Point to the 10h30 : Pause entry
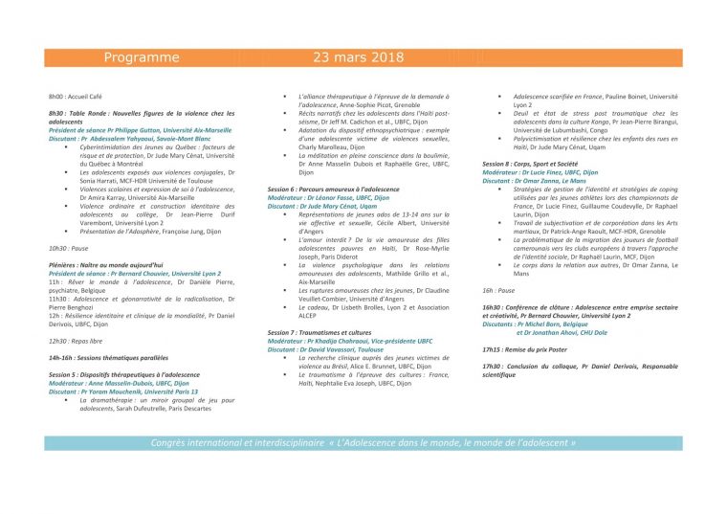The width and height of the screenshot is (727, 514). (69, 248)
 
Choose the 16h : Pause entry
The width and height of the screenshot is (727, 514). (498, 290)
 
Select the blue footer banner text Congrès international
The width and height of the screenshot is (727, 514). (363, 444)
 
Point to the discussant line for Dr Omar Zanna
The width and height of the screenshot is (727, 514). (535, 180)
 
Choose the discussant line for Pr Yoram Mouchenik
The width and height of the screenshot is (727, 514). (123, 391)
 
